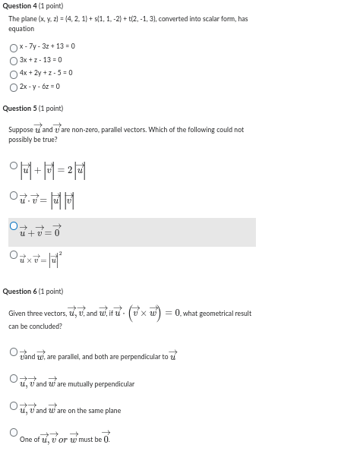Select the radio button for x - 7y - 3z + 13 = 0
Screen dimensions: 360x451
[14, 46]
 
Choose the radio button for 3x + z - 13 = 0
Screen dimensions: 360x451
[14, 60]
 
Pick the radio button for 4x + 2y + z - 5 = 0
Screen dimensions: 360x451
[14, 73]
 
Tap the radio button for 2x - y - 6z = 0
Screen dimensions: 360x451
[14, 87]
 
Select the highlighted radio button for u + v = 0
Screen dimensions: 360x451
[14, 225]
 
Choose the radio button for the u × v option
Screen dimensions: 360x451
[14, 255]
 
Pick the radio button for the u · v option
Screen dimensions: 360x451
[14, 196]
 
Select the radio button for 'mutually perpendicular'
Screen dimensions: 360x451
[14, 378]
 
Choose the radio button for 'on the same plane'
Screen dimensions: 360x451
[14, 405]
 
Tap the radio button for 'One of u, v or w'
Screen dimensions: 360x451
[14, 433]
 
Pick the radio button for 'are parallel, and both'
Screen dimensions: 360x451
[14, 352]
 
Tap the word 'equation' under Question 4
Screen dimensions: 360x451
[21, 29]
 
